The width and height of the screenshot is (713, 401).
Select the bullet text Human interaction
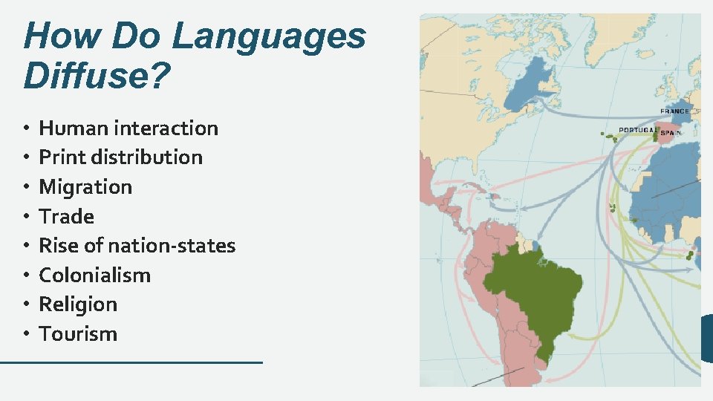point(128,128)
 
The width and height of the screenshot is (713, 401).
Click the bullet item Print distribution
point(120,157)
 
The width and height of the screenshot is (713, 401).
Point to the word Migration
point(85,187)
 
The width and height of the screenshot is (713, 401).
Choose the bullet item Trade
point(67,217)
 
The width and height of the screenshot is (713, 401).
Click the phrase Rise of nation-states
point(137,246)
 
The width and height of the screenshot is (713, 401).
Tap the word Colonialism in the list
point(94,276)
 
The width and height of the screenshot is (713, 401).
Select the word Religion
point(78,304)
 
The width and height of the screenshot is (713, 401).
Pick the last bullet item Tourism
point(78,334)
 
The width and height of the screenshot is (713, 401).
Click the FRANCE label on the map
point(674,111)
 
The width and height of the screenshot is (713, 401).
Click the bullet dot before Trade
point(27,217)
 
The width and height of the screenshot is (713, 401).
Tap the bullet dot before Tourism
point(27,334)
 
